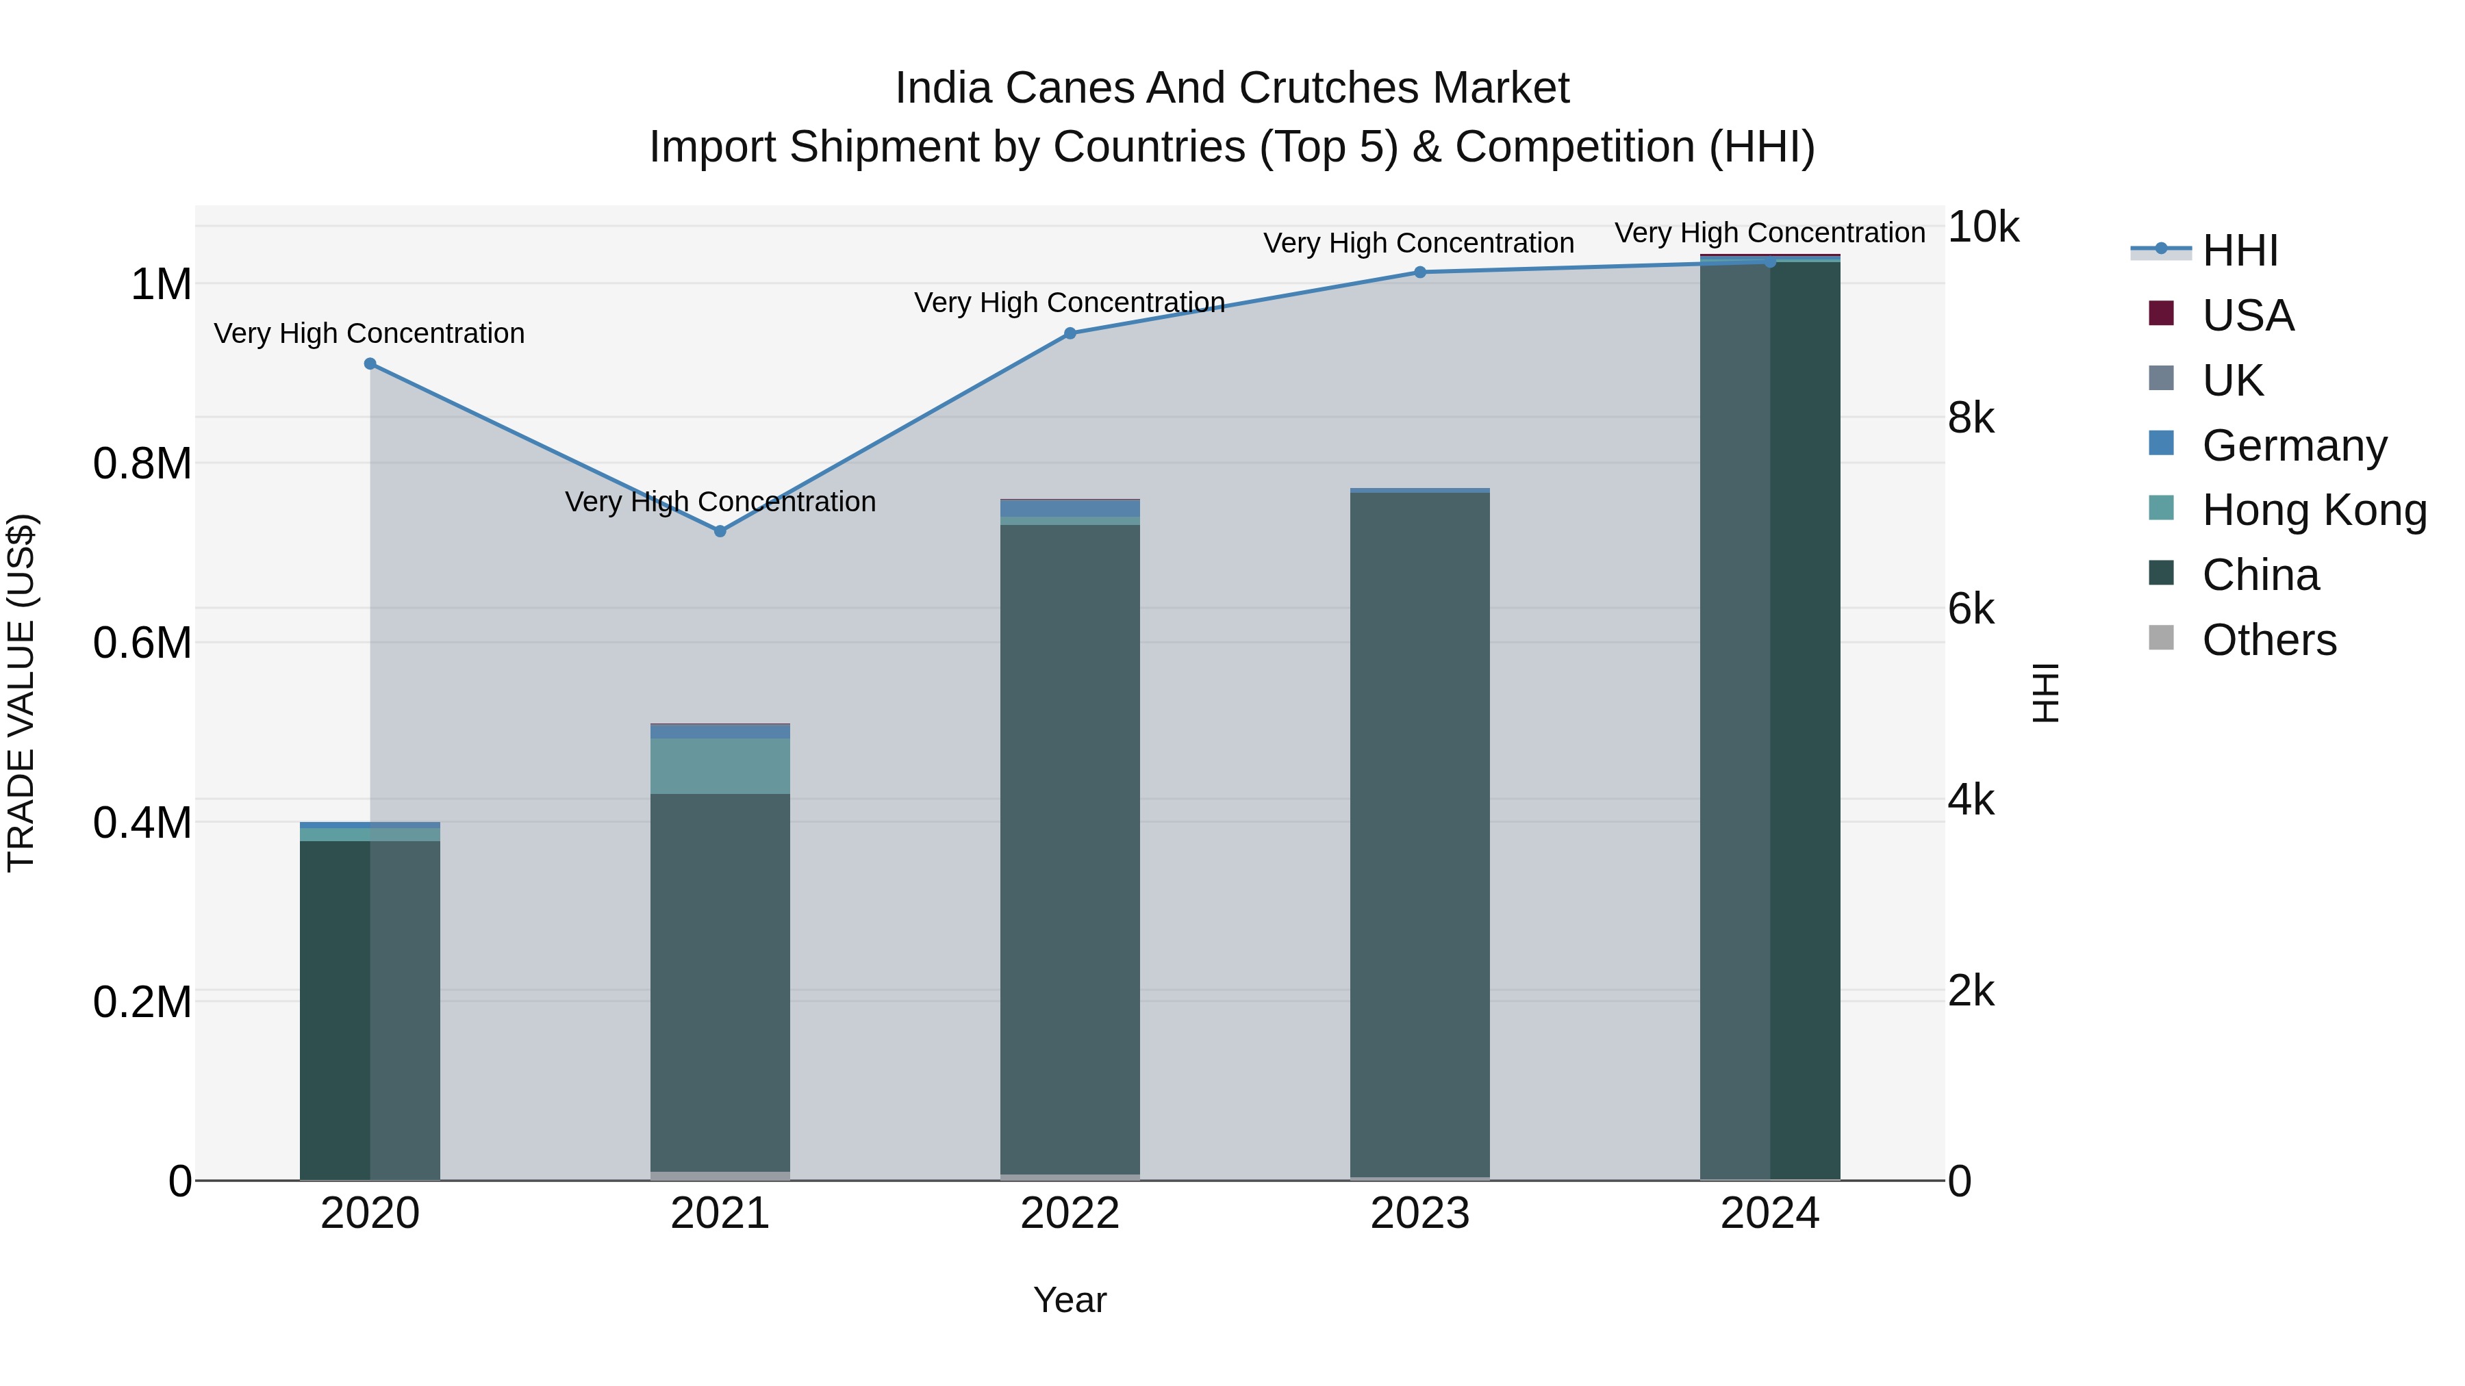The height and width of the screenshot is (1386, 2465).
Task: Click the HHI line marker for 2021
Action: [x=720, y=531]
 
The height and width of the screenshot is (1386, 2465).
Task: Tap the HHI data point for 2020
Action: [x=370, y=363]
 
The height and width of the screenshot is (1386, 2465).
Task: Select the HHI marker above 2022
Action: [x=1070, y=333]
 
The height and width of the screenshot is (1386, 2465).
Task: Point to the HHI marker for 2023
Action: [x=1420, y=272]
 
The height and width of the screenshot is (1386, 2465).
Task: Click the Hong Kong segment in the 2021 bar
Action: [x=720, y=765]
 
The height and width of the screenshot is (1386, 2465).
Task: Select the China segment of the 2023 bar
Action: [x=1420, y=832]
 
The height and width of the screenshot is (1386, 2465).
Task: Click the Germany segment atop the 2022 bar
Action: [x=1070, y=509]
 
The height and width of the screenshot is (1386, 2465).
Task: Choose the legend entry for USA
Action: [x=2247, y=316]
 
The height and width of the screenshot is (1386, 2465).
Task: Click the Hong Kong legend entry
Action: [x=2314, y=510]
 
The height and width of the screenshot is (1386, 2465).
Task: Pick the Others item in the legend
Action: [x=2268, y=640]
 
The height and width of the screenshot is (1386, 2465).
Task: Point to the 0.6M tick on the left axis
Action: [x=142, y=643]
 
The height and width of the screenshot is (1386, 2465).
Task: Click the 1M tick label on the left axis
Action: [x=161, y=284]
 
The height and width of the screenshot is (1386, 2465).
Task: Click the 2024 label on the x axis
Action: [x=1769, y=1214]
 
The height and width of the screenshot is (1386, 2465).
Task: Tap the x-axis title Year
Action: [x=1070, y=1300]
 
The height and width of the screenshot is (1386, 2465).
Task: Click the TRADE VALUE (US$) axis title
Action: [x=21, y=693]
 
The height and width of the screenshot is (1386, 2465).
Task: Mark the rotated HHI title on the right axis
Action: [x=2044, y=693]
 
